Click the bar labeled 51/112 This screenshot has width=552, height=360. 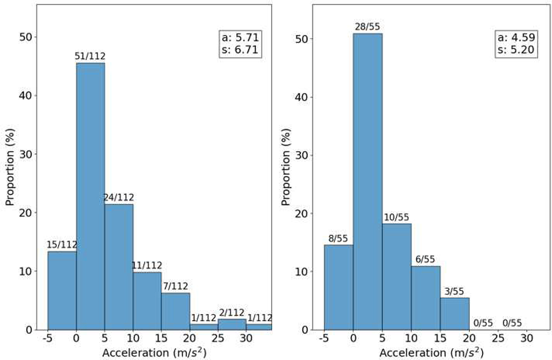(x=90, y=196)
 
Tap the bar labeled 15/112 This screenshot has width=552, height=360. (x=62, y=290)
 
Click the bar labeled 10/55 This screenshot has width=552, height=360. (x=396, y=276)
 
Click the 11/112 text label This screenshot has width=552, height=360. (x=147, y=266)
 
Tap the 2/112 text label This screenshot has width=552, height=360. (x=232, y=313)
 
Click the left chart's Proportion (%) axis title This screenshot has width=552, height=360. (x=10, y=167)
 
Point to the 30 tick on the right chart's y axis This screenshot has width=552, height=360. (x=308, y=155)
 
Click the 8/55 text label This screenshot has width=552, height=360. (x=339, y=238)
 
